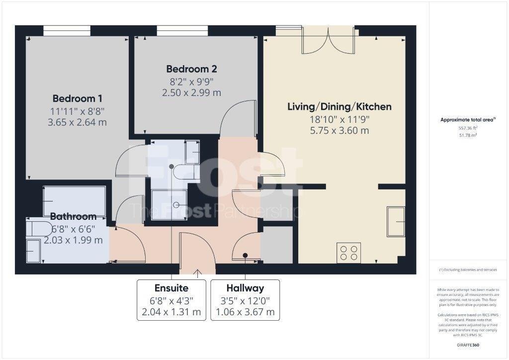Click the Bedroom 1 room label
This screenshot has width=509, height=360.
(78, 98)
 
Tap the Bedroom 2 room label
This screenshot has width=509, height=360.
(191, 69)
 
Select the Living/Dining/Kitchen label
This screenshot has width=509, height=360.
(339, 106)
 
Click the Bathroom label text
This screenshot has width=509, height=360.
(73, 216)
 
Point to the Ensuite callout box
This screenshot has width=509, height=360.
(171, 300)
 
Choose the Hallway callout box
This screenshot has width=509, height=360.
(245, 300)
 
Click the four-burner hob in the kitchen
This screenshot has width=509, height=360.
(348, 252)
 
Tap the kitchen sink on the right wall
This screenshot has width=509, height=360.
(396, 221)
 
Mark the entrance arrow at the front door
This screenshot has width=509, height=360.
(197, 272)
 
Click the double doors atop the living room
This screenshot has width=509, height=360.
(328, 41)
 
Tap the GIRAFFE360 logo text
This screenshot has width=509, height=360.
(467, 345)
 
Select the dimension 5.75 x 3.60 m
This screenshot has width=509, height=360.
(339, 131)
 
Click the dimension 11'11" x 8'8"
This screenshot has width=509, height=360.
(78, 110)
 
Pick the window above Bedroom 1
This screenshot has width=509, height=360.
(67, 31)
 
